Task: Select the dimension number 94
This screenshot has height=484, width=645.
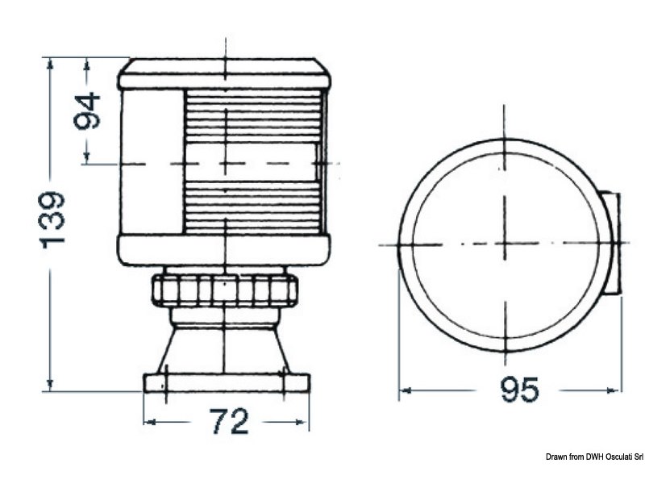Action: coord(87,111)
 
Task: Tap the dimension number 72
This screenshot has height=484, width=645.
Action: coord(228,421)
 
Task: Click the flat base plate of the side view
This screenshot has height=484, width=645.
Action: coord(226,382)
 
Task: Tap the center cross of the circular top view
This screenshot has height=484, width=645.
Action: coord(505,244)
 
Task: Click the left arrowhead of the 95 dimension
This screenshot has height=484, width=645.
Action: coord(404,390)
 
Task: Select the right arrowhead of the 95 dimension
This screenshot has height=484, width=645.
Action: coord(618,390)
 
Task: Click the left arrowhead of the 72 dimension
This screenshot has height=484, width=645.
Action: coord(149,421)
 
